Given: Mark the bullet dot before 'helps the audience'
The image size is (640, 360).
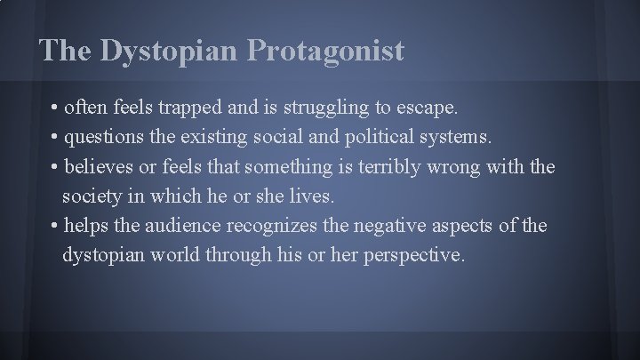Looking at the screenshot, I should click(x=55, y=227).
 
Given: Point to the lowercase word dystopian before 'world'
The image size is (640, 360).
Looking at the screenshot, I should click(x=100, y=255).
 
